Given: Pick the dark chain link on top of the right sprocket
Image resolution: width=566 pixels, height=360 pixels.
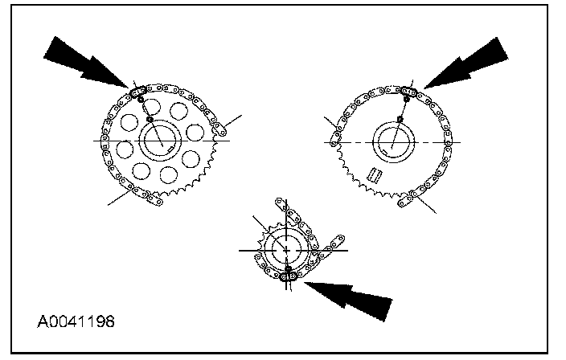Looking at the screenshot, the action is coord(408,92).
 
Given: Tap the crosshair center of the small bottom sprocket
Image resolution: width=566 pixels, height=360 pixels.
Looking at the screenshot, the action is coord(286,250).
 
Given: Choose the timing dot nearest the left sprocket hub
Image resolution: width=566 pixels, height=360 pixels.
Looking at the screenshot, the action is coord(150,121).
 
